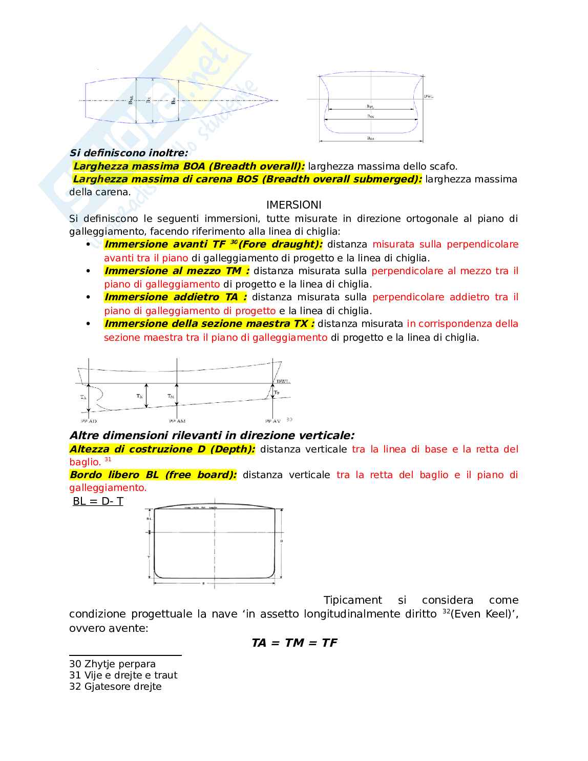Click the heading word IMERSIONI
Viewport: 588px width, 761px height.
click(293, 205)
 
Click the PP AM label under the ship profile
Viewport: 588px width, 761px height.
click(177, 421)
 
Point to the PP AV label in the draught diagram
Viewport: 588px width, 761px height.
click(272, 421)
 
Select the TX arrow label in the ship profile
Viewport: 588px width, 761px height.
click(139, 396)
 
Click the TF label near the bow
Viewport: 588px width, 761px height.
click(277, 393)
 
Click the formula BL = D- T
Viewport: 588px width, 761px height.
click(98, 501)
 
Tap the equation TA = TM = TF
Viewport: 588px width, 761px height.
click(294, 643)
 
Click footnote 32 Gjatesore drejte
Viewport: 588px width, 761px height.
click(115, 687)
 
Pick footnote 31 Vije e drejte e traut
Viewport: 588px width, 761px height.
click(123, 675)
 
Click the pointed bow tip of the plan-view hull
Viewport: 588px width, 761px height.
click(269, 100)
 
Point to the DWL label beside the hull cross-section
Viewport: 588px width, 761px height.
click(429, 96)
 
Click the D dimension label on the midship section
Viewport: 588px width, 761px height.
click(281, 541)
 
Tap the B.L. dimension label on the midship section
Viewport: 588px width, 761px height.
click(149, 519)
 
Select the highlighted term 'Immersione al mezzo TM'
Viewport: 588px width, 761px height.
click(177, 271)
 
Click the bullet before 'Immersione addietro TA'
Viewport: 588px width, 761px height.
click(88, 297)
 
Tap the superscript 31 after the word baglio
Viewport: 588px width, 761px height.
click(108, 460)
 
